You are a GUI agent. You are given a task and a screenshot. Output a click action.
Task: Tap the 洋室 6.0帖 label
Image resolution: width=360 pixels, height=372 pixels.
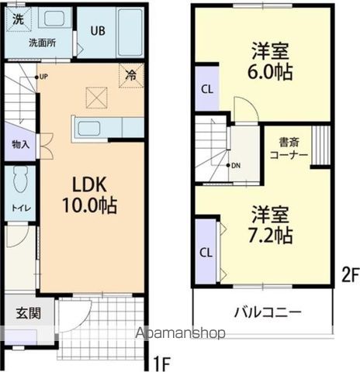270,63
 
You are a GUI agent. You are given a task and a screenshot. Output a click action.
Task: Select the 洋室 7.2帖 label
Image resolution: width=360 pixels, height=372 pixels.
270,224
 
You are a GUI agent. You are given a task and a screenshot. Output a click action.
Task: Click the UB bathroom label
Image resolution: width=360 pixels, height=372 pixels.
98,31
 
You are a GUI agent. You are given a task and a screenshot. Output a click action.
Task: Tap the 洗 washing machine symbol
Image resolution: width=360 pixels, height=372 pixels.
17,19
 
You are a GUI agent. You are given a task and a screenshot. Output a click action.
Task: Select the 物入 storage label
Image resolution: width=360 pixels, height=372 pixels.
20,144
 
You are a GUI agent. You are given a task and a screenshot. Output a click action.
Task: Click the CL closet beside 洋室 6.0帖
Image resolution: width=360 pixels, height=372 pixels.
206,88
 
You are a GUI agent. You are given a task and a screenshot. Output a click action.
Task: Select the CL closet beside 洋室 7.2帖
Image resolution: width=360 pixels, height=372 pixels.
206,252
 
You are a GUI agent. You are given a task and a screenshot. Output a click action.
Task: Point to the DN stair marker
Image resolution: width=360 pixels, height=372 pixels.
236,166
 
